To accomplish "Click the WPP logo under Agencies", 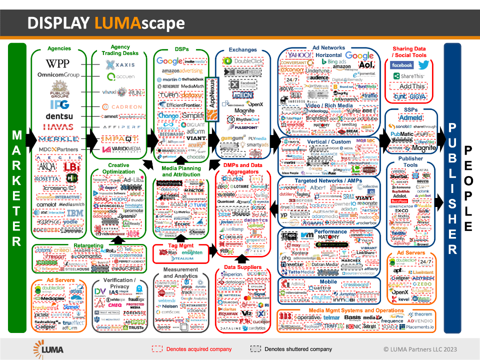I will [58, 63].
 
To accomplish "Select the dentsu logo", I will [58, 115].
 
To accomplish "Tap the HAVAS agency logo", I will [58, 127].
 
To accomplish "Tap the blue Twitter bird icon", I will [424, 65].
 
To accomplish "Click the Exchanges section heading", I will [243, 50].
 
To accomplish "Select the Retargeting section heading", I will [88, 246].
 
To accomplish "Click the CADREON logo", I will [122, 106].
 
